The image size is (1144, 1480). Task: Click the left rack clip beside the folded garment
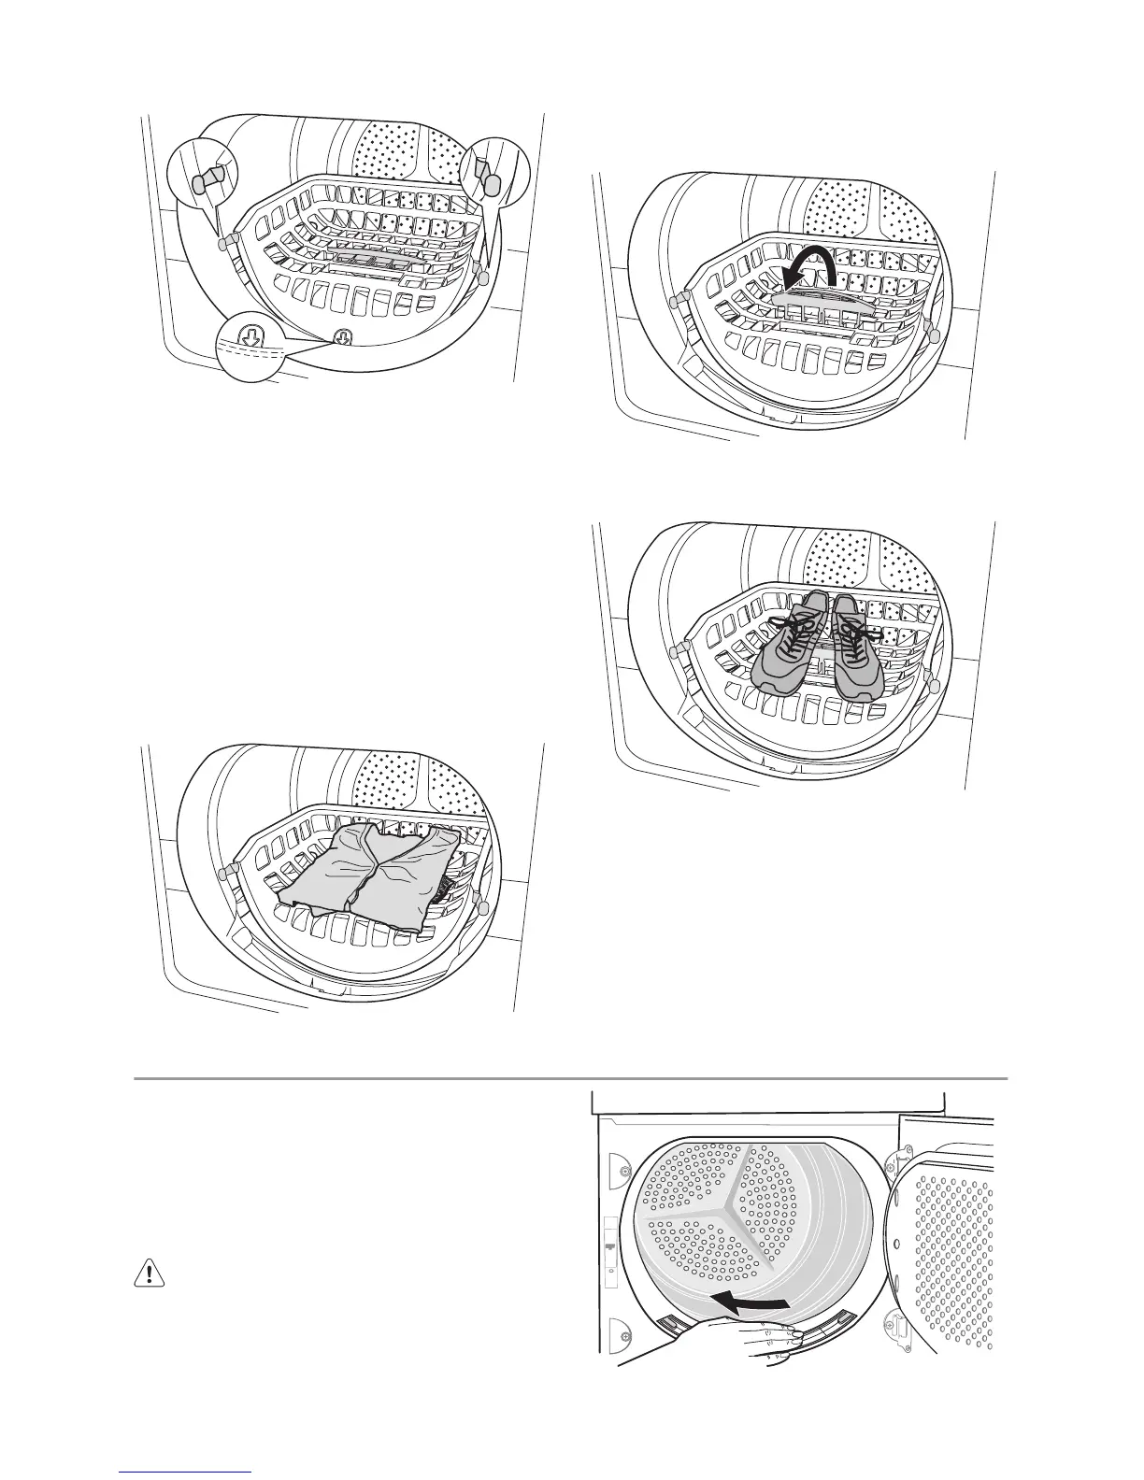click(225, 873)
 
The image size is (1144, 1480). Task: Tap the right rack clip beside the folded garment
click(480, 904)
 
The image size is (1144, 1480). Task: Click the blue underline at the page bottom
click(186, 1474)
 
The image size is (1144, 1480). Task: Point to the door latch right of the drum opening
click(892, 1326)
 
